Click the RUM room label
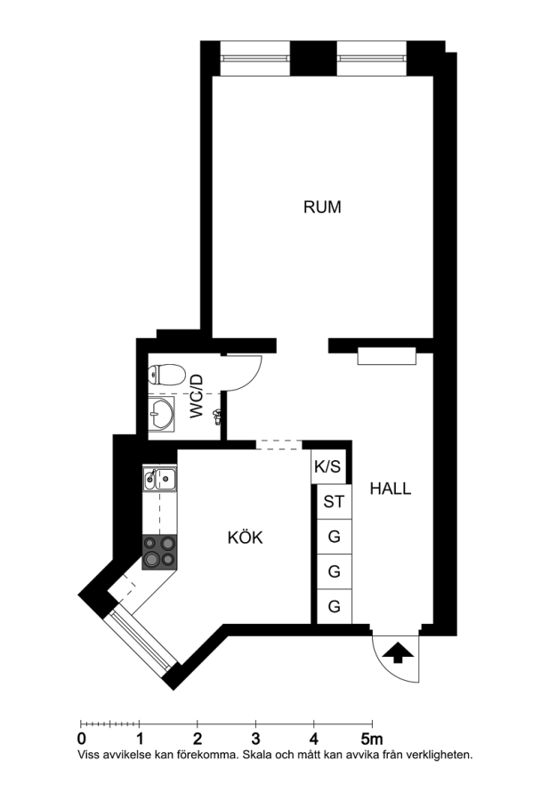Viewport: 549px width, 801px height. (322, 206)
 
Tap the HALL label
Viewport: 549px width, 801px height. (391, 489)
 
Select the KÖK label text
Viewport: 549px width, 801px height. (245, 537)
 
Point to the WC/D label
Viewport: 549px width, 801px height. (198, 396)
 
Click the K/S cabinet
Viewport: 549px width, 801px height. (327, 466)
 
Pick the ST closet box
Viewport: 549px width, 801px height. (334, 502)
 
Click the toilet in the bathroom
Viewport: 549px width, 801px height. (166, 375)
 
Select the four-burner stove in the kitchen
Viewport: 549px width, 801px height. (159, 552)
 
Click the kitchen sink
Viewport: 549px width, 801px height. (159, 478)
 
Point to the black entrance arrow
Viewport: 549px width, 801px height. (398, 653)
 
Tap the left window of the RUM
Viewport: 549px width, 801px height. (255, 58)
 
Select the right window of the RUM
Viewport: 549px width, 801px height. (372, 58)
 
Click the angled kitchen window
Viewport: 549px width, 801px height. (141, 641)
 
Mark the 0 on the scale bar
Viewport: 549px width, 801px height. (81, 739)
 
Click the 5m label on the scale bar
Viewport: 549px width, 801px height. (372, 739)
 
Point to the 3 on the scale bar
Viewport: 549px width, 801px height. (255, 739)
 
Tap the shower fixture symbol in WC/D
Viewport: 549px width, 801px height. (218, 417)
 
